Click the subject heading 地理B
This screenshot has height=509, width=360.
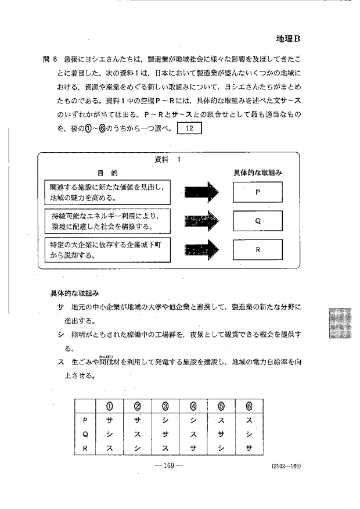pyautogui.click(x=288, y=39)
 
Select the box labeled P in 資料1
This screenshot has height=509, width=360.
pyautogui.click(x=257, y=191)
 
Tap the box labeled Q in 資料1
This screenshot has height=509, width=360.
pyautogui.click(x=257, y=220)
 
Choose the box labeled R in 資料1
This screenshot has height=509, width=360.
pyautogui.click(x=257, y=249)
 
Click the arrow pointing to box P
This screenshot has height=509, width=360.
pyautogui.click(x=201, y=191)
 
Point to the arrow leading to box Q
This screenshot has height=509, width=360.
pyautogui.click(x=201, y=220)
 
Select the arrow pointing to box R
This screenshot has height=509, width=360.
pyautogui.click(x=201, y=249)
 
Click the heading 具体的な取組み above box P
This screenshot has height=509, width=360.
pyautogui.click(x=257, y=173)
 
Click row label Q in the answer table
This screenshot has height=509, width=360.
pyautogui.click(x=85, y=433)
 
